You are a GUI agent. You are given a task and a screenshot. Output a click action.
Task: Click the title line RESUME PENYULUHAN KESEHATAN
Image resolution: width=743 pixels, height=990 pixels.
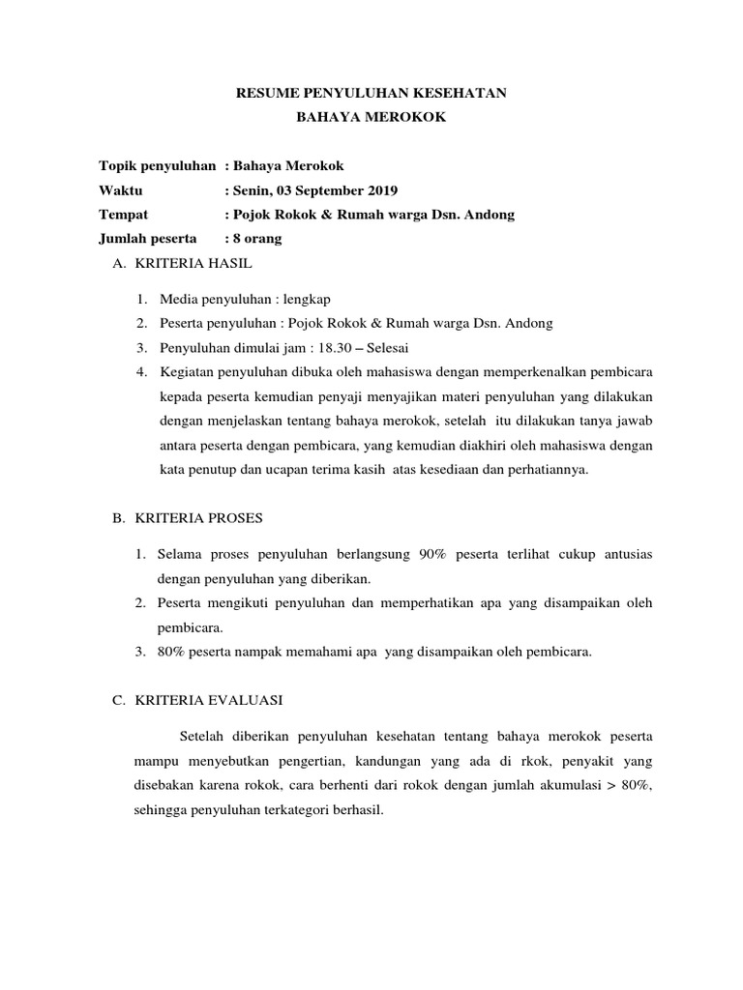click(x=371, y=93)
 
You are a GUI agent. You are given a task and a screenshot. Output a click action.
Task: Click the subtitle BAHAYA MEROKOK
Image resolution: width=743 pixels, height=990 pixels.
click(x=371, y=117)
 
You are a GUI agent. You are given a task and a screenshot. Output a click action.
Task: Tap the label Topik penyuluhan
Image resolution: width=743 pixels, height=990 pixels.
click(x=158, y=165)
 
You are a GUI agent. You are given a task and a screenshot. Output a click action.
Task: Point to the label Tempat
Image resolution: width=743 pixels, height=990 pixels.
click(x=123, y=214)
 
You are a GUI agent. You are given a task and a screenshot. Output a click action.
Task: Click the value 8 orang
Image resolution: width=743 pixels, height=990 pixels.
click(x=257, y=238)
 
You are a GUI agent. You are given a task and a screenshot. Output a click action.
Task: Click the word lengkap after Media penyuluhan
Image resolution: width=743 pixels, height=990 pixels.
click(x=309, y=299)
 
